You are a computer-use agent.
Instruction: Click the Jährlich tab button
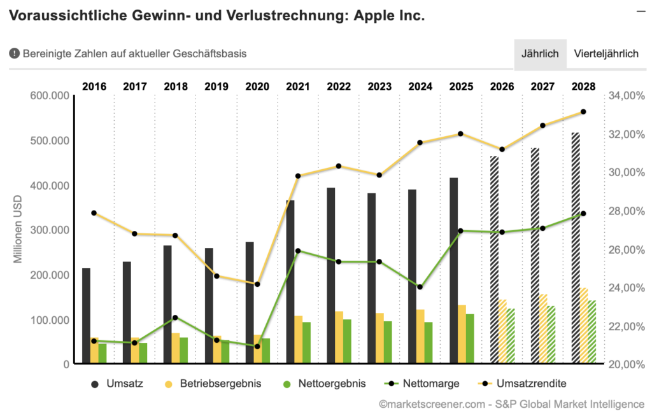[x=540, y=54]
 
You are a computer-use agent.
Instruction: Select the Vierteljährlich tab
[x=606, y=54]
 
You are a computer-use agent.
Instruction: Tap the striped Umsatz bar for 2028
[x=576, y=248]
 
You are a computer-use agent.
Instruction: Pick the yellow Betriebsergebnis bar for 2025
[x=462, y=335]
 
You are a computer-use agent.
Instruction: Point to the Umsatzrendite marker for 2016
[x=94, y=213]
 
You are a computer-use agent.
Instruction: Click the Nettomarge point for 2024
[x=420, y=287]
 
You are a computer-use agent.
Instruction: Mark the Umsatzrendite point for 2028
[x=583, y=112]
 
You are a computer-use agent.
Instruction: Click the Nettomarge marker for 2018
[x=176, y=317]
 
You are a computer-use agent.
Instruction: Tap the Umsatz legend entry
[x=118, y=384]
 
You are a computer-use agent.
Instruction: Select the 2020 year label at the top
[x=257, y=87]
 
